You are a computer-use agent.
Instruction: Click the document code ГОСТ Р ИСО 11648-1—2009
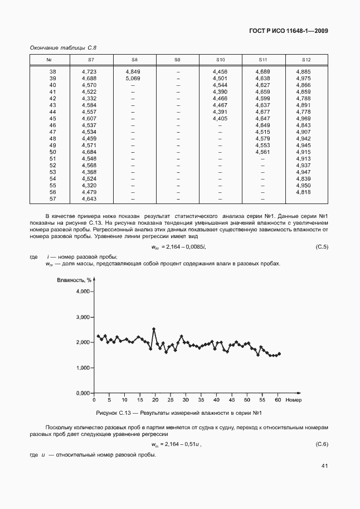coord(289,31)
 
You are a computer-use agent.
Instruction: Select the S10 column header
coord(220,59)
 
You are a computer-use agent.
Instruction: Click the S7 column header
coord(91,59)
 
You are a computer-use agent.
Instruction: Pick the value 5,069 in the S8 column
coord(133,79)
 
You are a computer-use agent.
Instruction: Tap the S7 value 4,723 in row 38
coord(89,72)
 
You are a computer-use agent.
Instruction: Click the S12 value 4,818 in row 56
coord(303,192)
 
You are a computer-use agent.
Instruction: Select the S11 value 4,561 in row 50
coord(262,152)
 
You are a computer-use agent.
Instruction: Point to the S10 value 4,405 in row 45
coord(220,119)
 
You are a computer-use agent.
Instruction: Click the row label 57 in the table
coord(53,198)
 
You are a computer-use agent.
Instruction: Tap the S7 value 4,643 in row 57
coord(89,198)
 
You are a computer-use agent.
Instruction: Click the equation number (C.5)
coord(322,246)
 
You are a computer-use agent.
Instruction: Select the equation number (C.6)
coord(322,444)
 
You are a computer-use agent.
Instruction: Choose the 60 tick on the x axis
coord(278,400)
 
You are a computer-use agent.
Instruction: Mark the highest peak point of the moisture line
coord(154,329)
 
